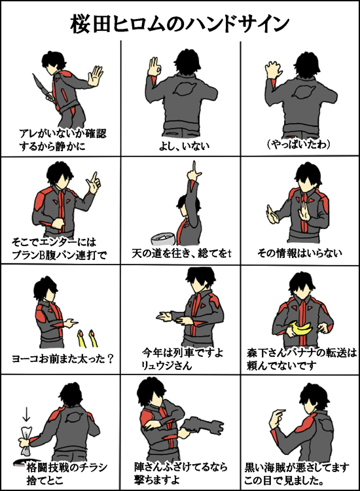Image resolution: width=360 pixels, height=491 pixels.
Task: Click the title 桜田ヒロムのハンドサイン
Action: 179,24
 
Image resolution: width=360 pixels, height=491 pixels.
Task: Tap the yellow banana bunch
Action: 300,329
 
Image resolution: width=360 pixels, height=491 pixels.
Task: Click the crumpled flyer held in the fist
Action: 26,441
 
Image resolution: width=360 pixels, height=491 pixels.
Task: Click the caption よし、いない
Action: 184,145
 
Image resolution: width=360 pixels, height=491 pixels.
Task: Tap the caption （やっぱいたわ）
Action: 298,145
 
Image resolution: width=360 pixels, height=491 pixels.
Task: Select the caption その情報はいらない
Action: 300,253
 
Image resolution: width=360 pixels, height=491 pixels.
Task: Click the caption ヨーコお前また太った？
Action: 62,359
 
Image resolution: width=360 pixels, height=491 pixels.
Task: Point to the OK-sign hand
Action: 154,66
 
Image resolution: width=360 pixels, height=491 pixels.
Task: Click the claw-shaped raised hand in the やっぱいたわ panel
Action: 274,69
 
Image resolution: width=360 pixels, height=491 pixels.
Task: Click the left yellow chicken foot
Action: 81,338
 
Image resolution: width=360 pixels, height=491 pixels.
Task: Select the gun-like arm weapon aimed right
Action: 202,427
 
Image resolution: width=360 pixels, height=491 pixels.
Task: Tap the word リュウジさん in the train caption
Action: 166,365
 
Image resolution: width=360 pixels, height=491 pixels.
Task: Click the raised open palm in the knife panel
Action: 95,75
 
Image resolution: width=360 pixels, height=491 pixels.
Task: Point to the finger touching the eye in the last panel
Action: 279,412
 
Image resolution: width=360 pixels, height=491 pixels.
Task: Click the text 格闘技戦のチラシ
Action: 67,467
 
